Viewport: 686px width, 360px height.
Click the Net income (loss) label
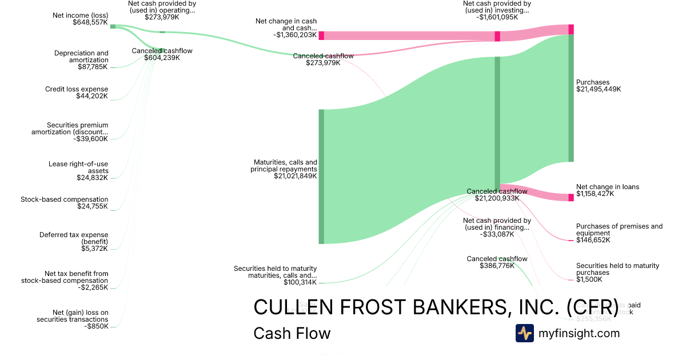pos(79,14)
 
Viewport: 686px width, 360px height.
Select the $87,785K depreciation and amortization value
pos(93,67)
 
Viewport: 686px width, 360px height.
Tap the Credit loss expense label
pos(77,89)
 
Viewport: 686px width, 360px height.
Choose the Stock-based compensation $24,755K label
pos(64,203)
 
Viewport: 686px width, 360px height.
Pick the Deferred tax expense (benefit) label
pos(74,238)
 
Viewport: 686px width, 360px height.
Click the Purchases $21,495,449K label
pos(598,86)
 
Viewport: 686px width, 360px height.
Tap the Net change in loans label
pos(607,187)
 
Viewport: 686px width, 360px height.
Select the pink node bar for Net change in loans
pos(571,198)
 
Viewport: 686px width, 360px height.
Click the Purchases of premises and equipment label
pos(619,230)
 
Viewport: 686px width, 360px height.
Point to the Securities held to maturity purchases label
pos(617,269)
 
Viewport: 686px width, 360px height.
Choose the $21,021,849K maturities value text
pos(295,176)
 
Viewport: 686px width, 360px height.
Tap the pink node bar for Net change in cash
pos(321,35)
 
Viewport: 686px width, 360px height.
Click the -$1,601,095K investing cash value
pos(497,17)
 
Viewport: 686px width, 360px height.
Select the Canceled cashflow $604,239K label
pos(162,54)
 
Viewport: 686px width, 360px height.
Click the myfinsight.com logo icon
pos(524,333)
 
